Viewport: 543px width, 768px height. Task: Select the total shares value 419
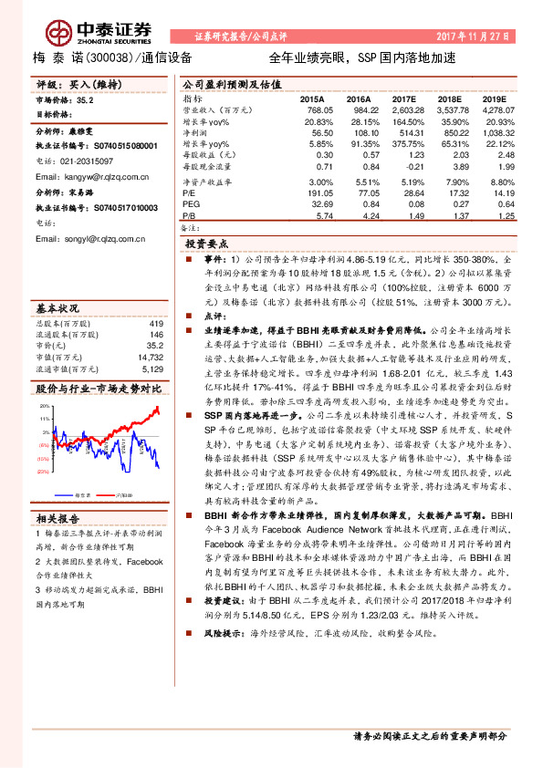click(x=155, y=297)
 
